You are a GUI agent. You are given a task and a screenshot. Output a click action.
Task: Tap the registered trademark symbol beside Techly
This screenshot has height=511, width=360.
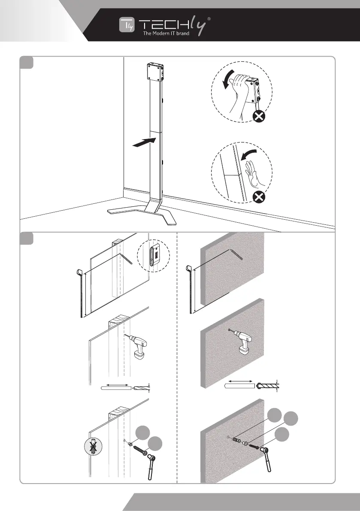pyautogui.click(x=209, y=19)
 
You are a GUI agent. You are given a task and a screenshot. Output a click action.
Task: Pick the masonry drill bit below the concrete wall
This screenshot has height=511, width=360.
pyautogui.click(x=266, y=385)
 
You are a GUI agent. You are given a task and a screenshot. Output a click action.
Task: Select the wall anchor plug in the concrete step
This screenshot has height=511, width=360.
pyautogui.click(x=236, y=439)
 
